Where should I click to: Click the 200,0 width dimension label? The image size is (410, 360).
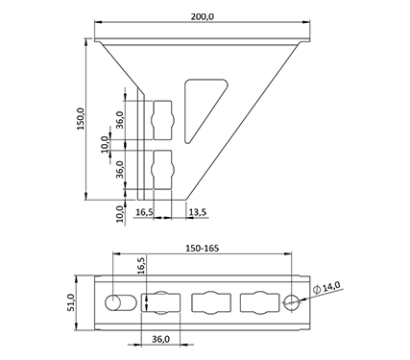pyautogui.click(x=202, y=16)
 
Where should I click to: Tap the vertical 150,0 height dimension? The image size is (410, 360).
pyautogui.click(x=81, y=118)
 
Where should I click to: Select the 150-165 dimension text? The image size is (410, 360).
pyautogui.click(x=203, y=248)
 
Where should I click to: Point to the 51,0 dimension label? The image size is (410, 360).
pyautogui.click(x=71, y=302)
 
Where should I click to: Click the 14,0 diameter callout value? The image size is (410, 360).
pyautogui.click(x=331, y=286)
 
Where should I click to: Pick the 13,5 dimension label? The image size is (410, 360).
pyautogui.click(x=198, y=212)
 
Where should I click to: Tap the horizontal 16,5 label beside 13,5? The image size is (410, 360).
pyautogui.click(x=145, y=212)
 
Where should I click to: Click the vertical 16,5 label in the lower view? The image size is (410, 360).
pyautogui.click(x=141, y=265)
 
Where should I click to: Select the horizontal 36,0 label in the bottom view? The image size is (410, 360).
pyautogui.click(x=160, y=339)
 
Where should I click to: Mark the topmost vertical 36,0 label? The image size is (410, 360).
pyautogui.click(x=120, y=119)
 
